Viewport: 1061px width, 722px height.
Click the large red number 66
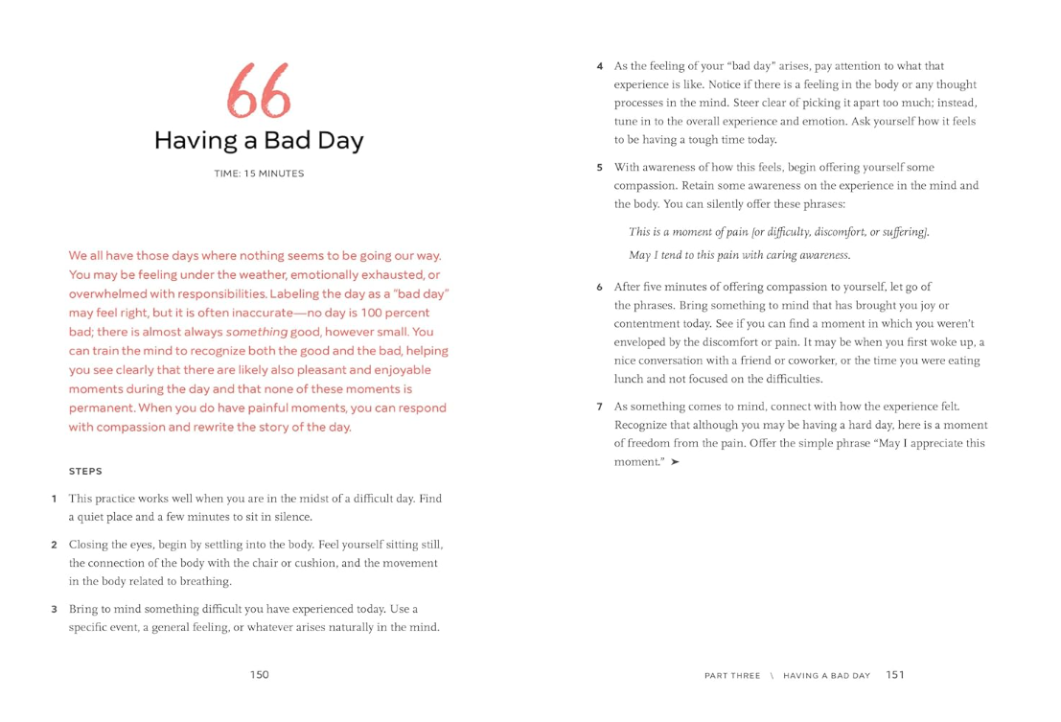click(x=259, y=93)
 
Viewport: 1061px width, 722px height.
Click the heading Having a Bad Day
click(x=259, y=141)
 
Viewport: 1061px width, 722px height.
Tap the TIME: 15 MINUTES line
click(x=259, y=174)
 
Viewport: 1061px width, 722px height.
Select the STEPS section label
click(x=85, y=472)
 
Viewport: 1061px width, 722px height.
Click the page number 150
click(x=260, y=675)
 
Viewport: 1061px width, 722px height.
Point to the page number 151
click(x=895, y=675)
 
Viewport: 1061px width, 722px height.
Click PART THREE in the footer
click(x=732, y=676)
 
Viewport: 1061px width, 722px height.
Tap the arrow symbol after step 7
click(x=675, y=462)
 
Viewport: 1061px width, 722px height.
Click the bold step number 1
click(x=55, y=499)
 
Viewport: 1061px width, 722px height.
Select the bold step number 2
click(x=55, y=545)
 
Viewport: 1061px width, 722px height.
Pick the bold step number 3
click(x=55, y=610)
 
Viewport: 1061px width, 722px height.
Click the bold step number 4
click(x=599, y=67)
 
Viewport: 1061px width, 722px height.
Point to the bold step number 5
click(x=599, y=168)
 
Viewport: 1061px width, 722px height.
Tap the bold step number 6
click(x=599, y=288)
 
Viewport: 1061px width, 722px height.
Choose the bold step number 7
click(x=599, y=407)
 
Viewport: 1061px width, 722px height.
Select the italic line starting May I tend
click(x=739, y=255)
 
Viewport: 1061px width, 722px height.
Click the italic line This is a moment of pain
click(x=778, y=232)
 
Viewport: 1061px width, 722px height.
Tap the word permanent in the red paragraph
click(x=101, y=408)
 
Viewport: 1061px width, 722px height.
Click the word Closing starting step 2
click(x=89, y=545)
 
